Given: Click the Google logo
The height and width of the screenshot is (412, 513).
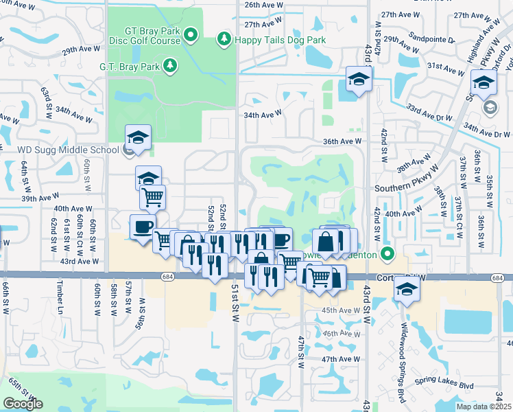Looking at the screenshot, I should tap(23, 404).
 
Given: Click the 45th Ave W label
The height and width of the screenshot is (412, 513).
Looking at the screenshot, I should tap(341, 310).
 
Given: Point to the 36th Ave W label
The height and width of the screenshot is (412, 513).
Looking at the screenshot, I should tap(343, 141).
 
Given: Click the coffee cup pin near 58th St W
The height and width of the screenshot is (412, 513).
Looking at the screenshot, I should tap(143, 227).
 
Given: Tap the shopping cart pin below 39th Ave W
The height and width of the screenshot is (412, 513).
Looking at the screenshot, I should tap(153, 198).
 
